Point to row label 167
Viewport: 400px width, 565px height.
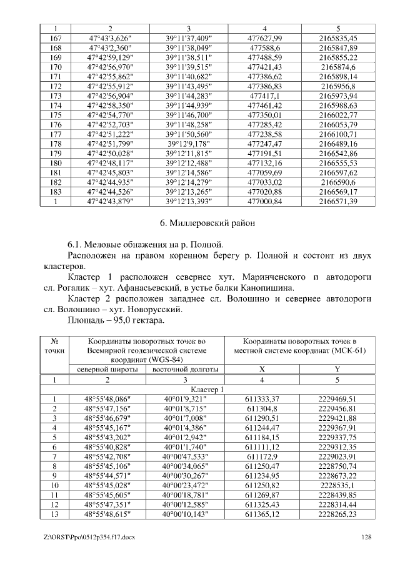(55, 38)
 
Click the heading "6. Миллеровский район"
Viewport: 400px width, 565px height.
(199, 222)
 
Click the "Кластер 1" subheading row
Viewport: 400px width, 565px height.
(200, 389)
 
